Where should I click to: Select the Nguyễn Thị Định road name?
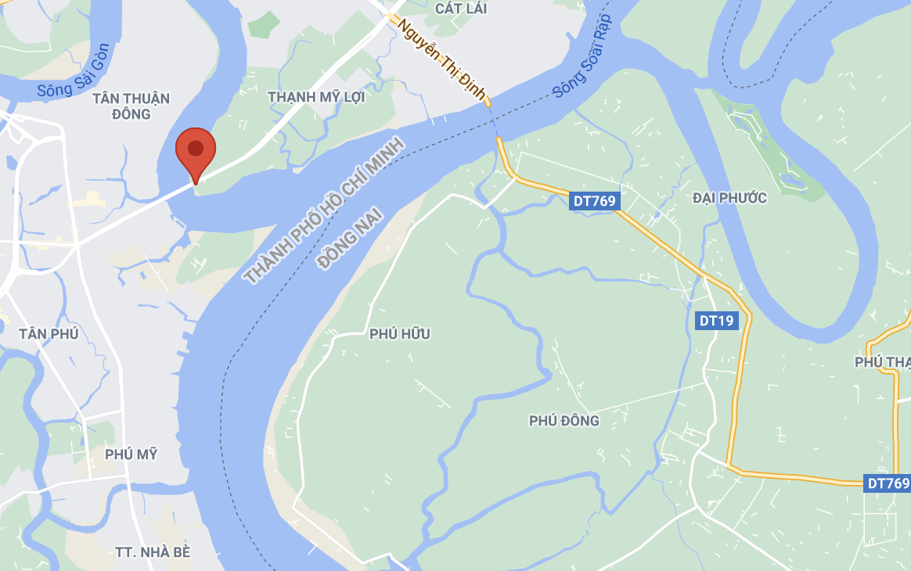(441, 59)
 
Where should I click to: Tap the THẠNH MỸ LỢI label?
(316, 97)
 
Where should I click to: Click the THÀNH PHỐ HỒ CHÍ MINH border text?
(323, 210)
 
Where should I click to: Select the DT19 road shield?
(715, 320)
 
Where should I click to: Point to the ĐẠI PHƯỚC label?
(729, 198)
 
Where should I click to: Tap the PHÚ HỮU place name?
(399, 334)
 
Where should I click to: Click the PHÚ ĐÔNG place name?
(564, 421)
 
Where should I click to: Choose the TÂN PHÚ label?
(49, 334)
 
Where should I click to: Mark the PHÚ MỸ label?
(131, 454)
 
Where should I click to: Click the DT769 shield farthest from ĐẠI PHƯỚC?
(887, 483)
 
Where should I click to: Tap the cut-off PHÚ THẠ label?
(883, 362)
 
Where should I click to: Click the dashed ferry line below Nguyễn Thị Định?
(494, 122)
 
